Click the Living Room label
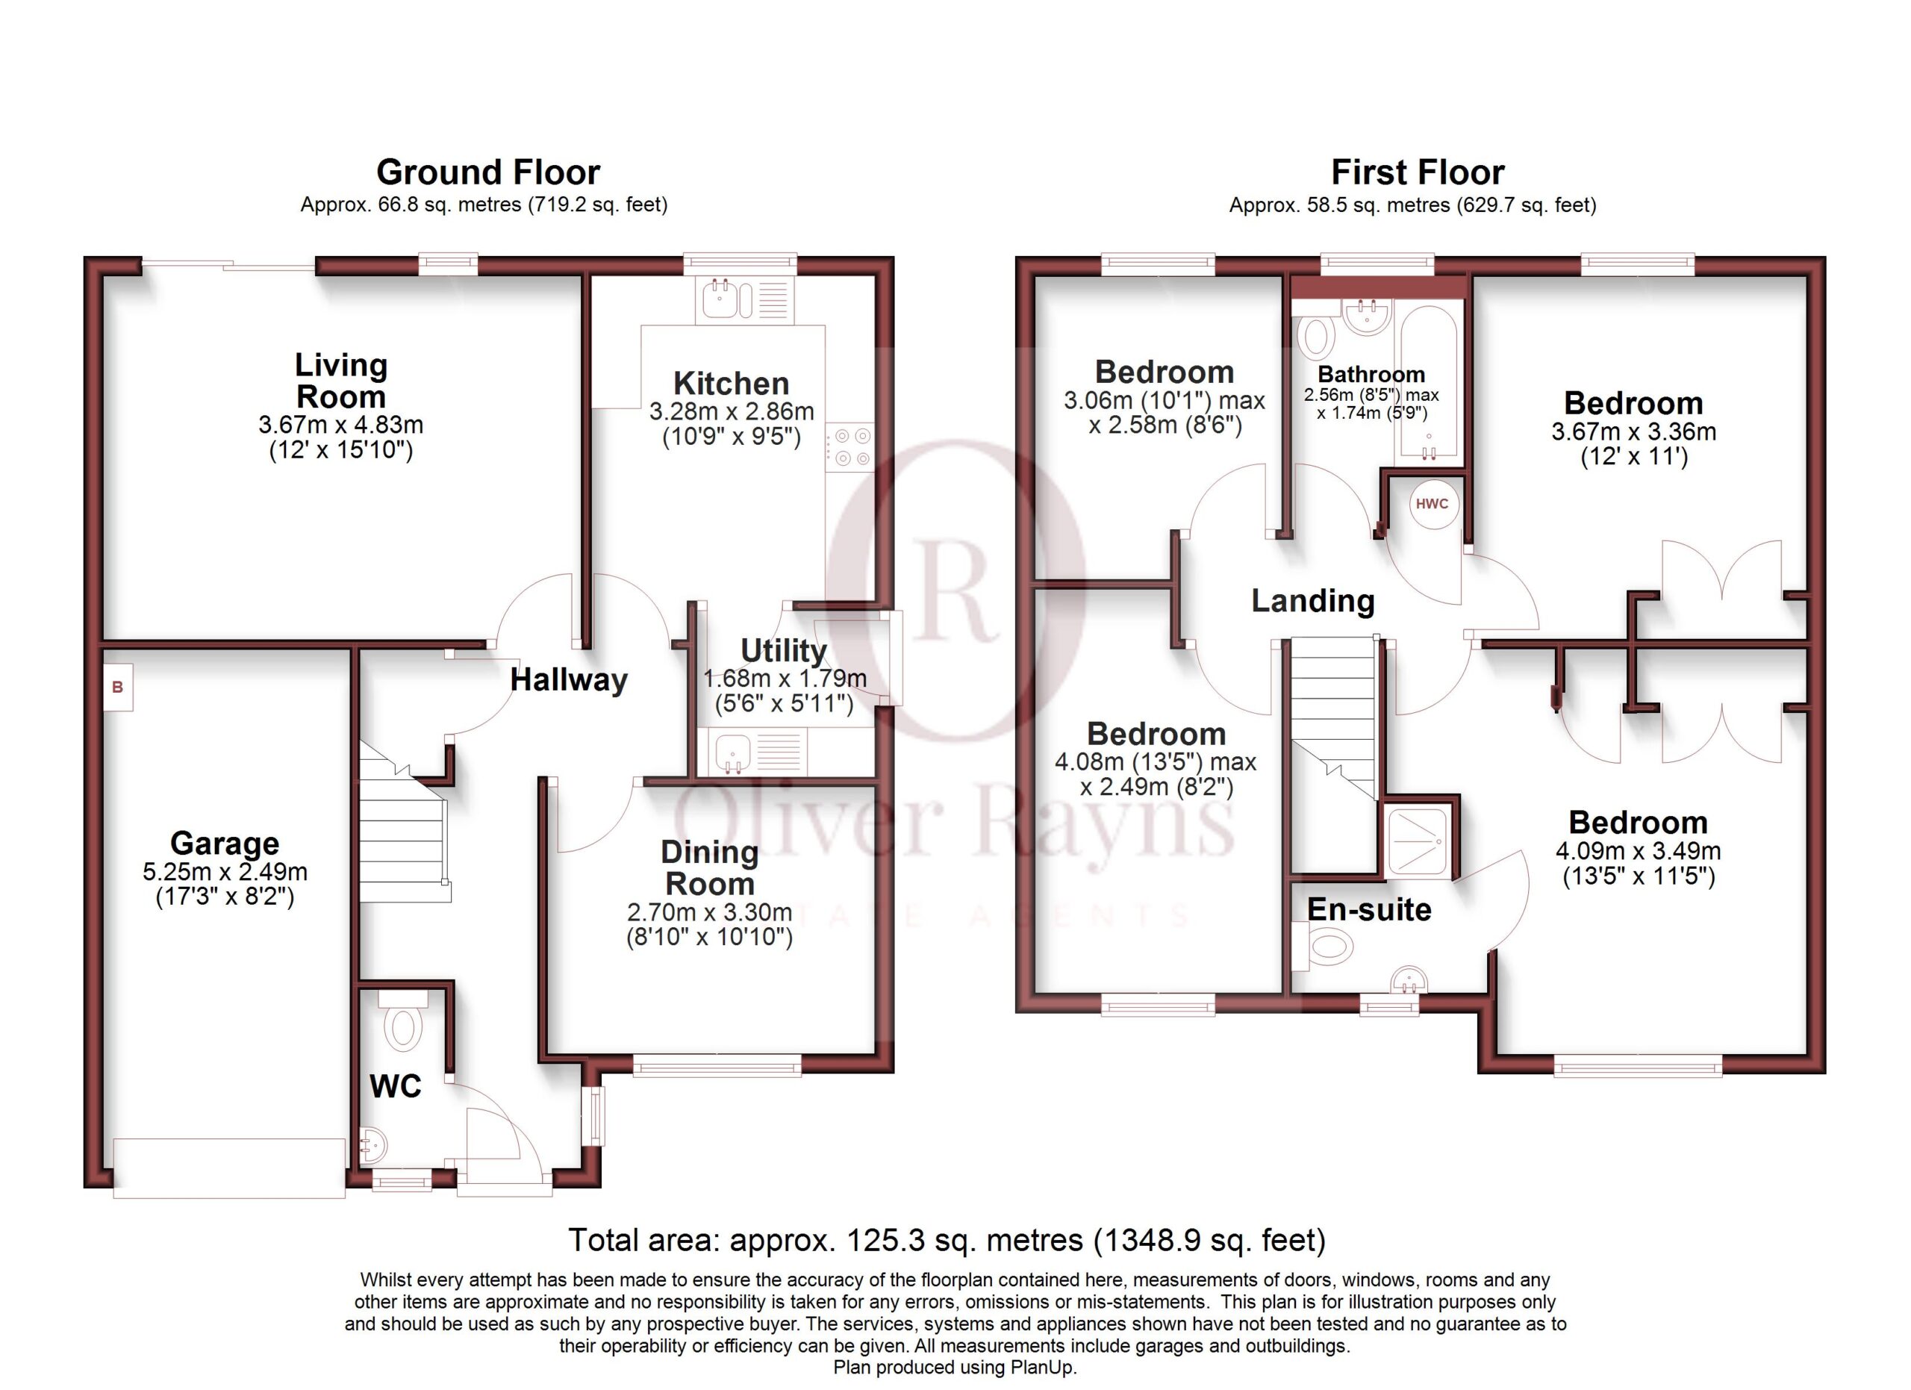[341, 381]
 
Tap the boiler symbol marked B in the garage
[118, 688]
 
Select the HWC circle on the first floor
[1433, 504]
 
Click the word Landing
[1313, 601]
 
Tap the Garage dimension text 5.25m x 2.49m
[225, 871]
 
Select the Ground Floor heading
[488, 172]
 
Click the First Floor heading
[1418, 172]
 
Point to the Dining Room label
[709, 867]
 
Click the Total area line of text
[947, 1240]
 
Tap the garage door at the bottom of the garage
[229, 1168]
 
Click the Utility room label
[784, 650]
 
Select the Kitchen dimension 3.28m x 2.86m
[732, 411]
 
